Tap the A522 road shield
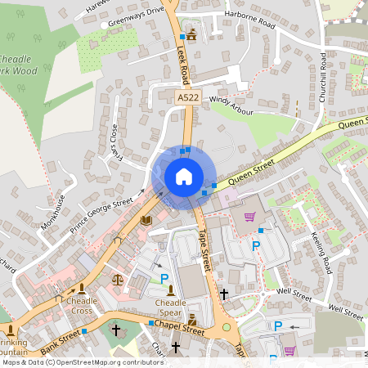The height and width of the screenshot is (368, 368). tap(188, 97)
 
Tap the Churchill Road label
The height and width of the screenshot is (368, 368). tap(324, 79)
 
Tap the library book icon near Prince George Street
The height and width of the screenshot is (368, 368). tap(146, 221)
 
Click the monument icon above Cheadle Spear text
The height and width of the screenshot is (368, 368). tap(170, 289)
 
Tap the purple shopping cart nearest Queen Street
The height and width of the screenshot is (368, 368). tap(249, 217)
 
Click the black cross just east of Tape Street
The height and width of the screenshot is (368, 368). tap(224, 293)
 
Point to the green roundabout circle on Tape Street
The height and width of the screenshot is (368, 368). tap(227, 328)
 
